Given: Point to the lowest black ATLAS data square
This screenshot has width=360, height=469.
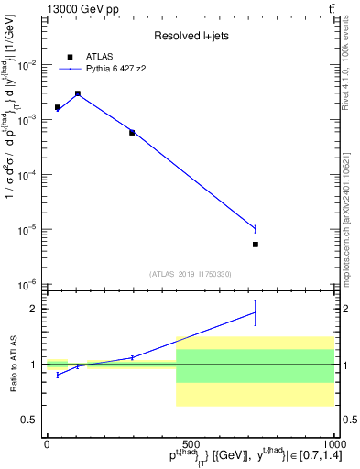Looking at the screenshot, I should [256, 245].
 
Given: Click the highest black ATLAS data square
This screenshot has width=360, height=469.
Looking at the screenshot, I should [78, 93].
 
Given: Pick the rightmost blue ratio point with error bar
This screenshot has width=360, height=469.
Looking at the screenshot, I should [256, 312].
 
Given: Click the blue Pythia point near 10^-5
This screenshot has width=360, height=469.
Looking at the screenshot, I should [256, 228].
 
